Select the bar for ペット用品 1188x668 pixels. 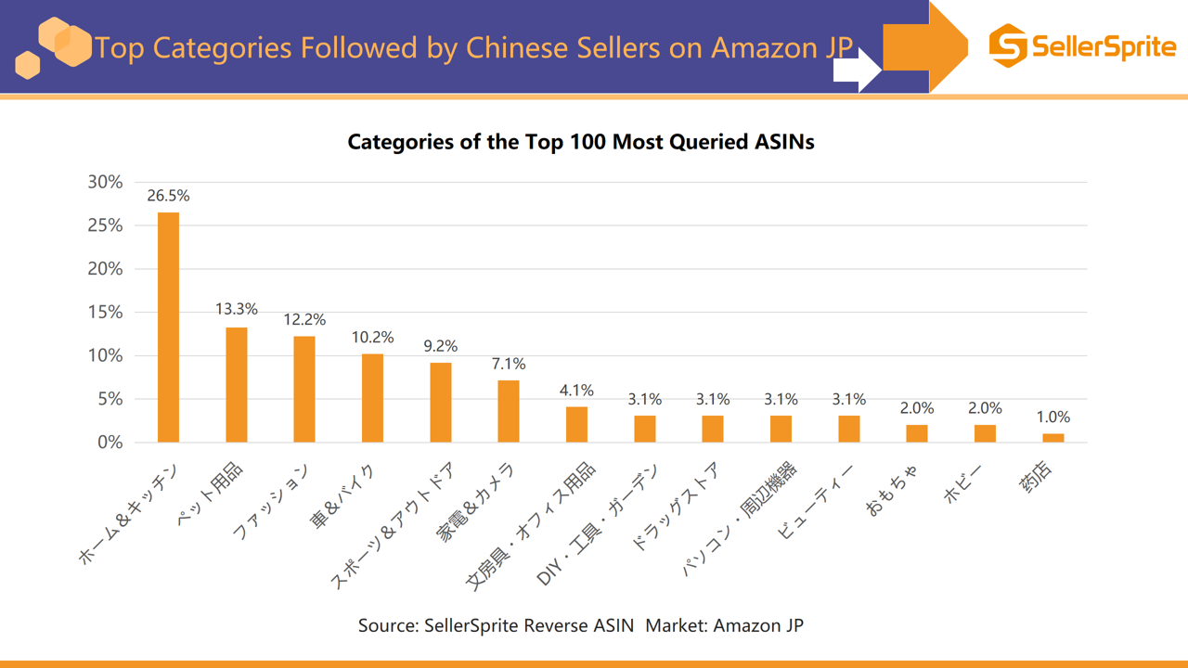point(237,384)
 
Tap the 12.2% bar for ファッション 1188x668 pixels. point(304,389)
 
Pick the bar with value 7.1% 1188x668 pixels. point(509,411)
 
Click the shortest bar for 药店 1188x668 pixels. point(1052,438)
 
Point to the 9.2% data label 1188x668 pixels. point(441,346)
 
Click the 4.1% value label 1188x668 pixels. point(576,391)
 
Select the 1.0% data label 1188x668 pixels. point(1053,417)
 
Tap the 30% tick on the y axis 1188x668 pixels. point(105,182)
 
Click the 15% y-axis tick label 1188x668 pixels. point(105,312)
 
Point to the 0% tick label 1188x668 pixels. point(110,443)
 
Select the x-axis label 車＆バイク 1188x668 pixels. point(343,499)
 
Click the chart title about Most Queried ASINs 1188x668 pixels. point(581,142)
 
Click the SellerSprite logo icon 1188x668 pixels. point(1008,46)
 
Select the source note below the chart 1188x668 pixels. point(581,625)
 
